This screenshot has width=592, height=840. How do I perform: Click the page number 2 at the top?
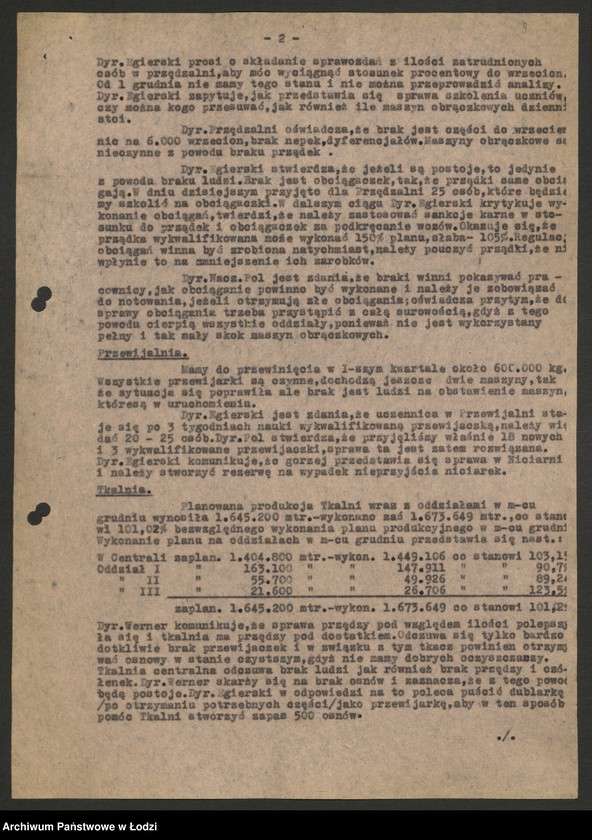point(282,38)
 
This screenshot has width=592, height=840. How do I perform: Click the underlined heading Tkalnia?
point(118,492)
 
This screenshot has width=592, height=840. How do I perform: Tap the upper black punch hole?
point(41,298)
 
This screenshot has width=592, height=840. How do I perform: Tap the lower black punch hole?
point(39,514)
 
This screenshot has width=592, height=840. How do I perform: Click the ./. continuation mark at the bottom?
point(506,735)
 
